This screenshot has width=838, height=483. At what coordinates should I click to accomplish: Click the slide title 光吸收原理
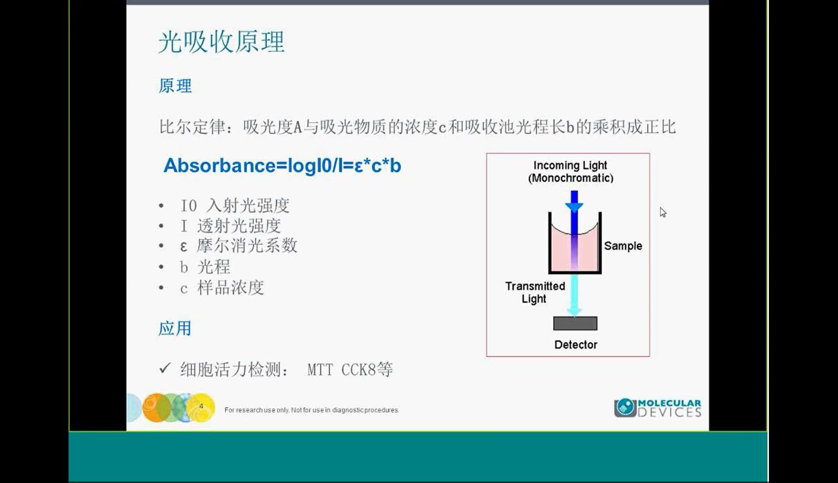pos(221,42)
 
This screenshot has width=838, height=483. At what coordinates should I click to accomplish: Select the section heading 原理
pos(175,86)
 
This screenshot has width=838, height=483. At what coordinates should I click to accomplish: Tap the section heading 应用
pos(175,328)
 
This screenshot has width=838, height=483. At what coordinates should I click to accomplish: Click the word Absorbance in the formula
pos(219,166)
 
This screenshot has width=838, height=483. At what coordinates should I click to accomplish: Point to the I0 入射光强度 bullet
pos(235,206)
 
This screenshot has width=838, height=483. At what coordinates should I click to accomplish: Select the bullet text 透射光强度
pos(239,226)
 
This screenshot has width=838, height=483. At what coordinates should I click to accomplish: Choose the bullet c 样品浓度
pos(222,288)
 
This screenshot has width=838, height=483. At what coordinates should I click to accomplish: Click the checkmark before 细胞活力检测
pos(165,368)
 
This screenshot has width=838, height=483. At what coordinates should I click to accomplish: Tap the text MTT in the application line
pos(320,370)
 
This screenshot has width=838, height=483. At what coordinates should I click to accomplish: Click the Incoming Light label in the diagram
pos(571,172)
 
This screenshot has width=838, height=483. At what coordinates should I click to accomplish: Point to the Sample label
pos(623,246)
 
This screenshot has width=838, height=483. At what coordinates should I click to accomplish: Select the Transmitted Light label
pos(535,292)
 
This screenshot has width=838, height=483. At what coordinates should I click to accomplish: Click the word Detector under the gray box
pos(576,345)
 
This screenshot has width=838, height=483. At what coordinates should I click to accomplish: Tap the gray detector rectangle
pos(575,323)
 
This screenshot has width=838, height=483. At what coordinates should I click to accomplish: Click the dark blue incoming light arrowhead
pos(574,207)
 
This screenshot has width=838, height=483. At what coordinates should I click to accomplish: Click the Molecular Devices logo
pos(658,408)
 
